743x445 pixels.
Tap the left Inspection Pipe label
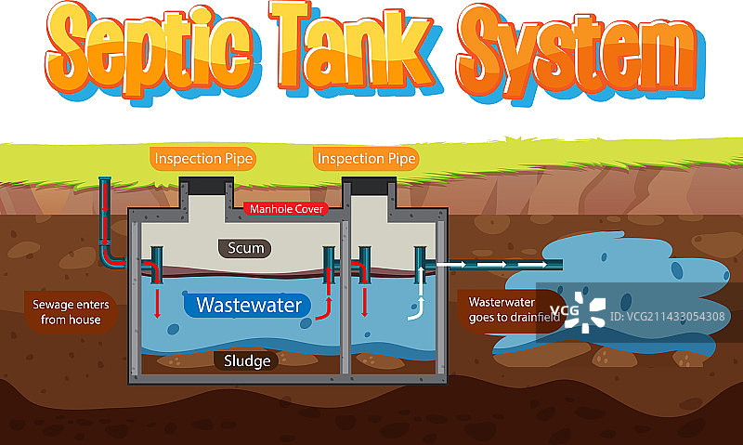click(x=203, y=159)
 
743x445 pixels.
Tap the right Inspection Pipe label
click(x=366, y=159)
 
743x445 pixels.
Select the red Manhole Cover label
click(x=287, y=209)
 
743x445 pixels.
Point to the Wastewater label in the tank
click(x=248, y=304)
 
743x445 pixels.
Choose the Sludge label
click(x=246, y=360)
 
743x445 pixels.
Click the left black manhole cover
click(x=203, y=187)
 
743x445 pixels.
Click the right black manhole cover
click(x=366, y=187)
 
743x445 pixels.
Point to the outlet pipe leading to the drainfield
click(x=502, y=265)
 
